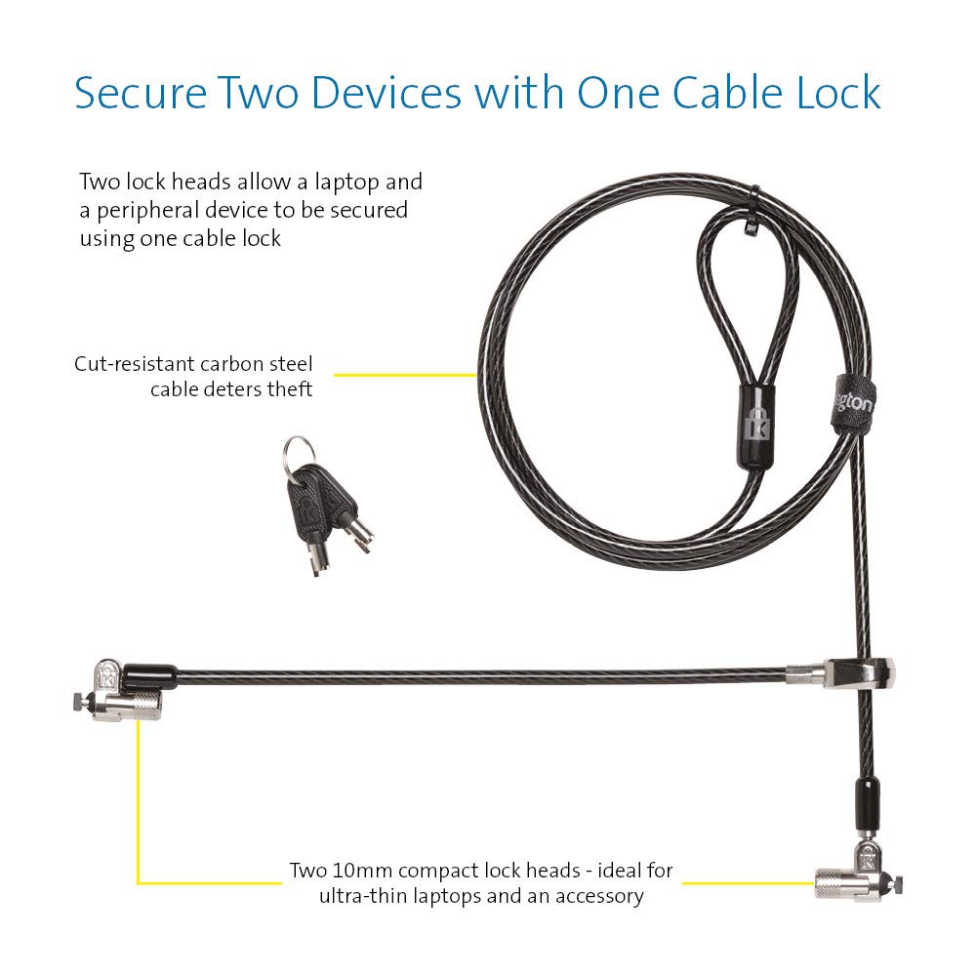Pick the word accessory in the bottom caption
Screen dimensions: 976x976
pos(595,896)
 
